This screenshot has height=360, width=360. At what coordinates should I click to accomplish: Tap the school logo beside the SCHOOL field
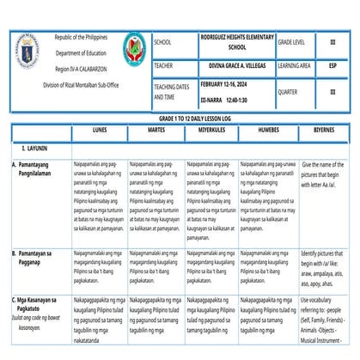coord(133,51)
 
